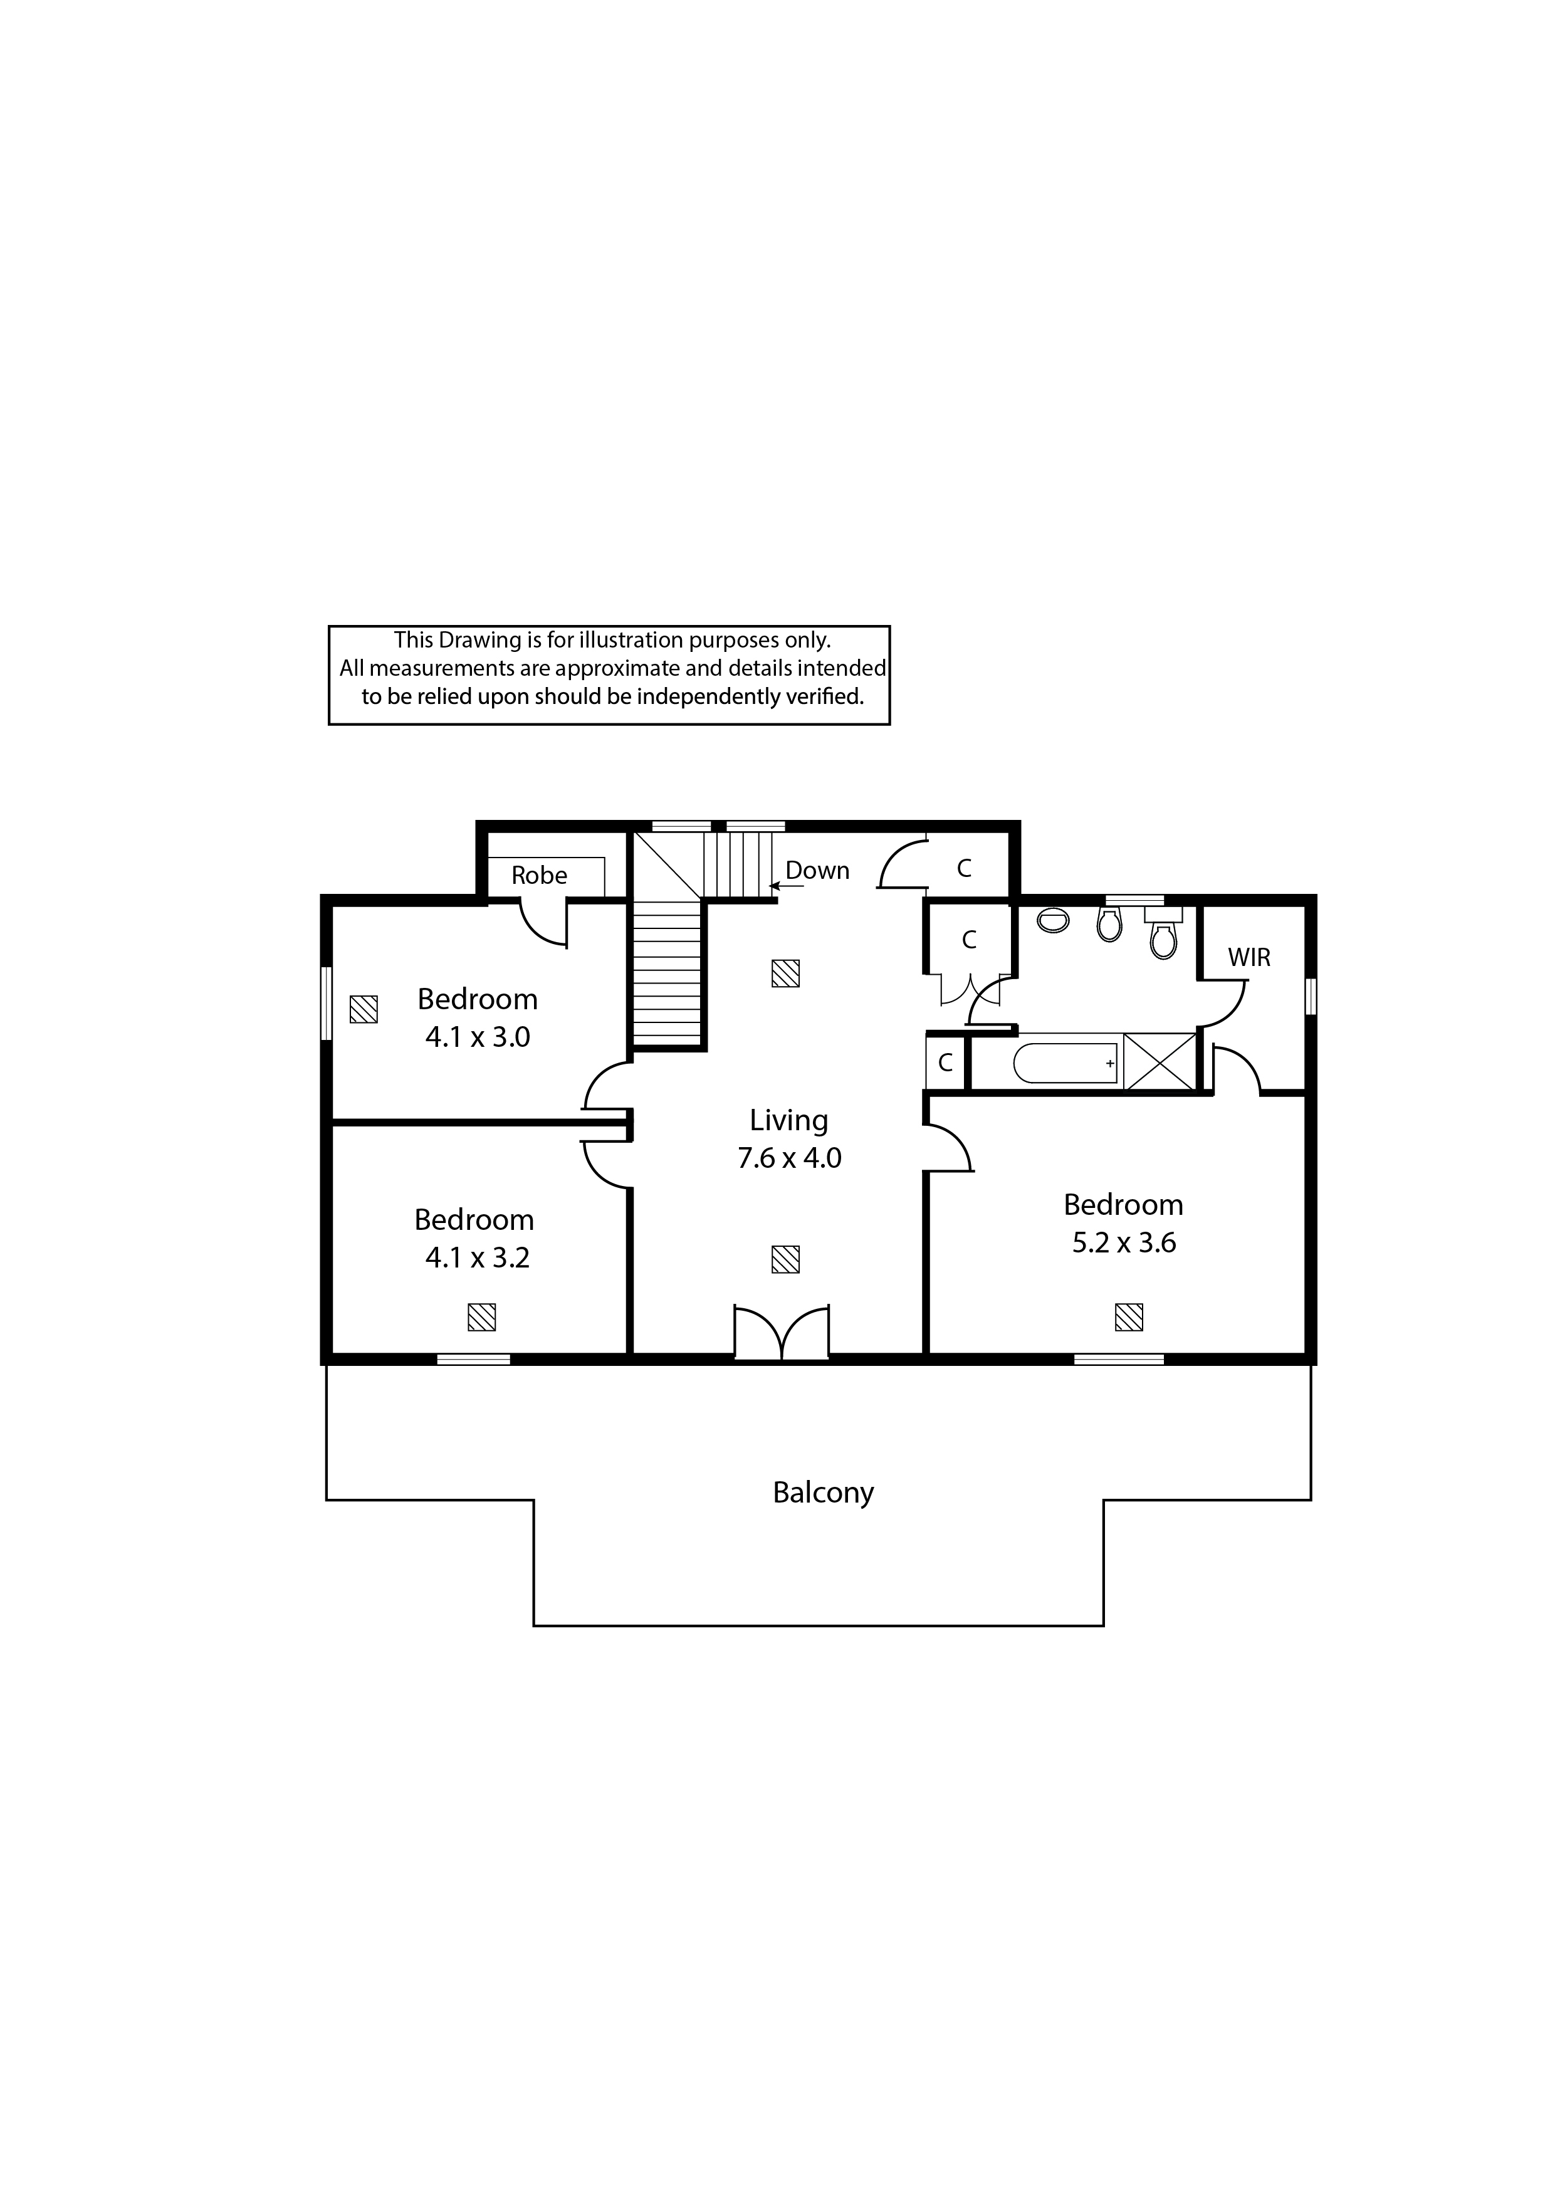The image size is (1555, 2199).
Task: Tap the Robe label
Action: tap(539, 875)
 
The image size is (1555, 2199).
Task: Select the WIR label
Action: tap(1250, 957)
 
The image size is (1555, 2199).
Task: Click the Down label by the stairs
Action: tap(818, 871)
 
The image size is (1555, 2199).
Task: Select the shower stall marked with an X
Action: tap(1160, 1061)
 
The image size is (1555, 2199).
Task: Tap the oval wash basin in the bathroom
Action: tap(1053, 920)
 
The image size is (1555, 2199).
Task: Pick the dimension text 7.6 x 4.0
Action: tap(789, 1158)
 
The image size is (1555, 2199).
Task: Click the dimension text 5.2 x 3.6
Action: tap(1124, 1242)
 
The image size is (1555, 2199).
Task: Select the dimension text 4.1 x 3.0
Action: tap(478, 1037)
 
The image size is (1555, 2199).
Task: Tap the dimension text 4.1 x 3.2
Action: tap(478, 1257)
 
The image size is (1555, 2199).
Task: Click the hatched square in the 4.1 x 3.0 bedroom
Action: tap(364, 1009)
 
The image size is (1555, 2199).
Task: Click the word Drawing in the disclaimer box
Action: tap(475, 641)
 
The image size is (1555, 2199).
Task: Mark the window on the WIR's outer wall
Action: tap(1311, 995)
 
